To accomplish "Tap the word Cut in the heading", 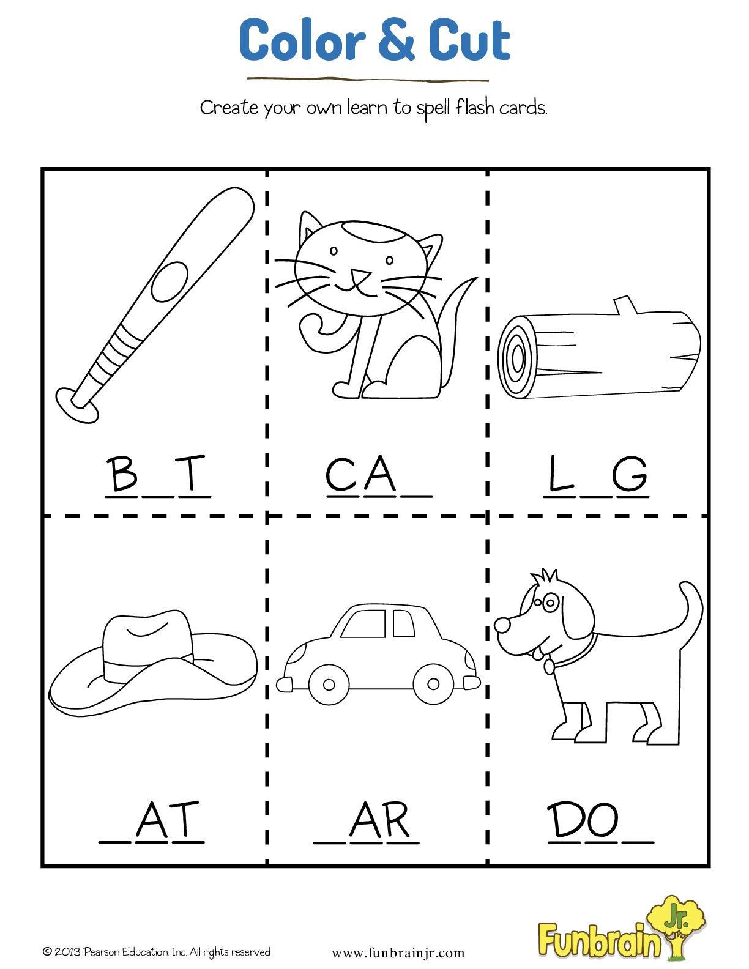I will pyautogui.click(x=469, y=40).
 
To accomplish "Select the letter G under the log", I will pyautogui.click(x=630, y=474).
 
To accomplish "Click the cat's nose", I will pyautogui.click(x=360, y=275).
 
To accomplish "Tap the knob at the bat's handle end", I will pyautogui.click(x=76, y=404).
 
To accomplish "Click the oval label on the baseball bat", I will pyautogui.click(x=170, y=281).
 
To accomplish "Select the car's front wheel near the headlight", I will pyautogui.click(x=329, y=684).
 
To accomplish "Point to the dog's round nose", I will pyautogui.click(x=502, y=625).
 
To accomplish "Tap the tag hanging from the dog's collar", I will pyautogui.click(x=549, y=666).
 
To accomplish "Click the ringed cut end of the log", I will pyautogui.click(x=517, y=357).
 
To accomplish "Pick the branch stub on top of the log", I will pyautogui.click(x=625, y=305).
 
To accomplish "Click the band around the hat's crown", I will pyautogui.click(x=147, y=664).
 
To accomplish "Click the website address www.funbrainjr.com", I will pyautogui.click(x=398, y=953).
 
